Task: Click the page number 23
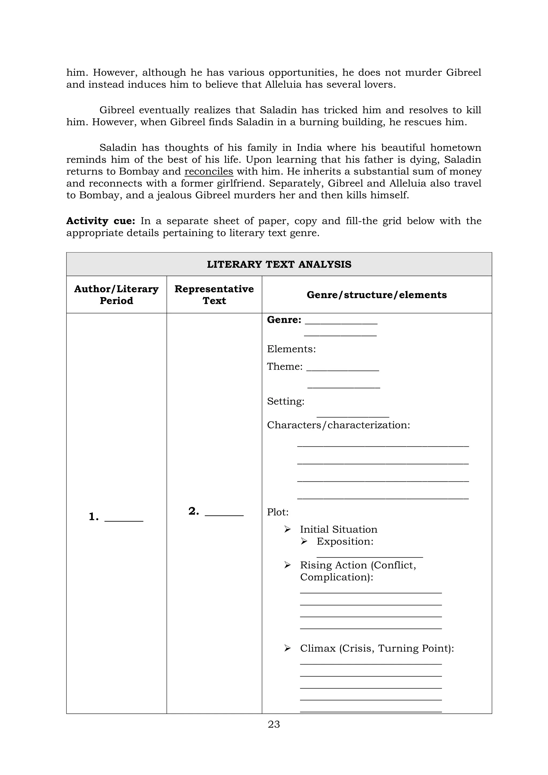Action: click(274, 724)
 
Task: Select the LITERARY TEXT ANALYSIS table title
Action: click(279, 264)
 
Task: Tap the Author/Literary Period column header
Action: click(116, 295)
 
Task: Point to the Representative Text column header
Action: click(214, 295)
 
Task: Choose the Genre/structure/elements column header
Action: click(376, 295)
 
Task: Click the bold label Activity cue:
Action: click(101, 221)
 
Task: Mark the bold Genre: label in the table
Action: click(284, 320)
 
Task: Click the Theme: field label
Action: click(284, 366)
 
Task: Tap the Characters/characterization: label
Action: click(338, 425)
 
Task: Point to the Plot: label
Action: click(277, 512)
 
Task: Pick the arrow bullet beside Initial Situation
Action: click(287, 529)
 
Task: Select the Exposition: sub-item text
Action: click(345, 541)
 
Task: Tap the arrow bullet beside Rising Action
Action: click(287, 565)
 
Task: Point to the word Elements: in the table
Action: click(291, 349)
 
